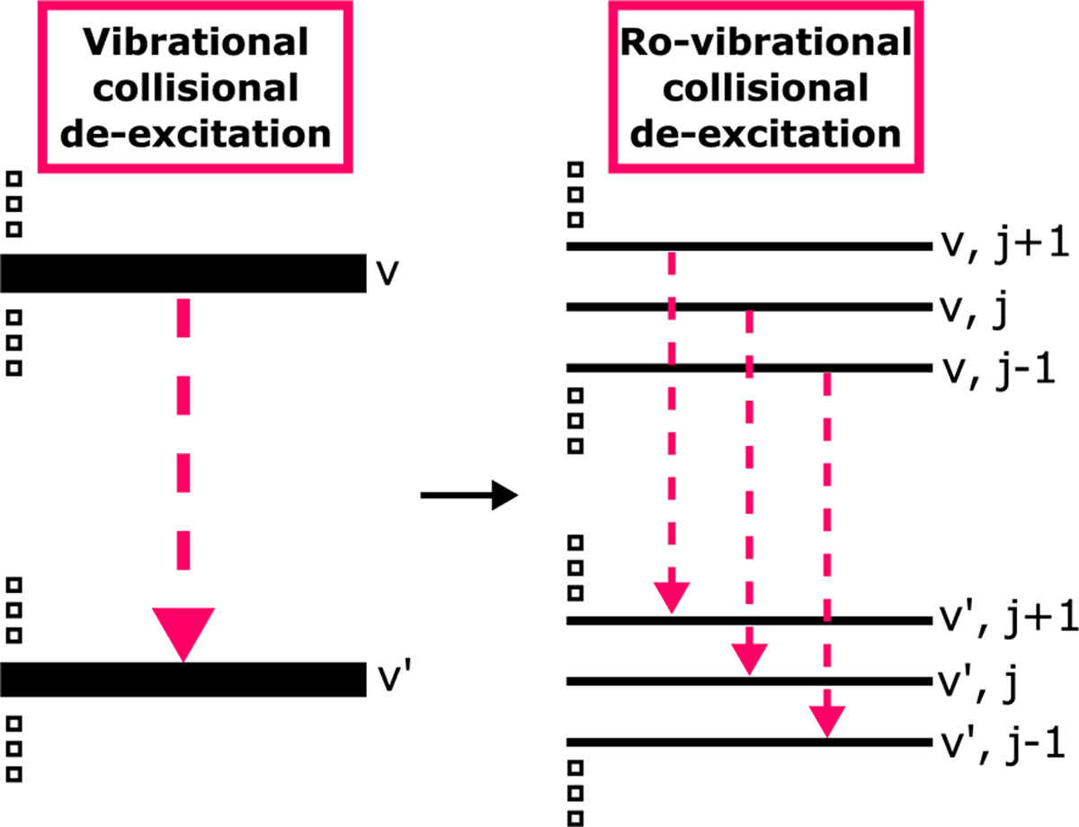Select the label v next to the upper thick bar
pos(387,273)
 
